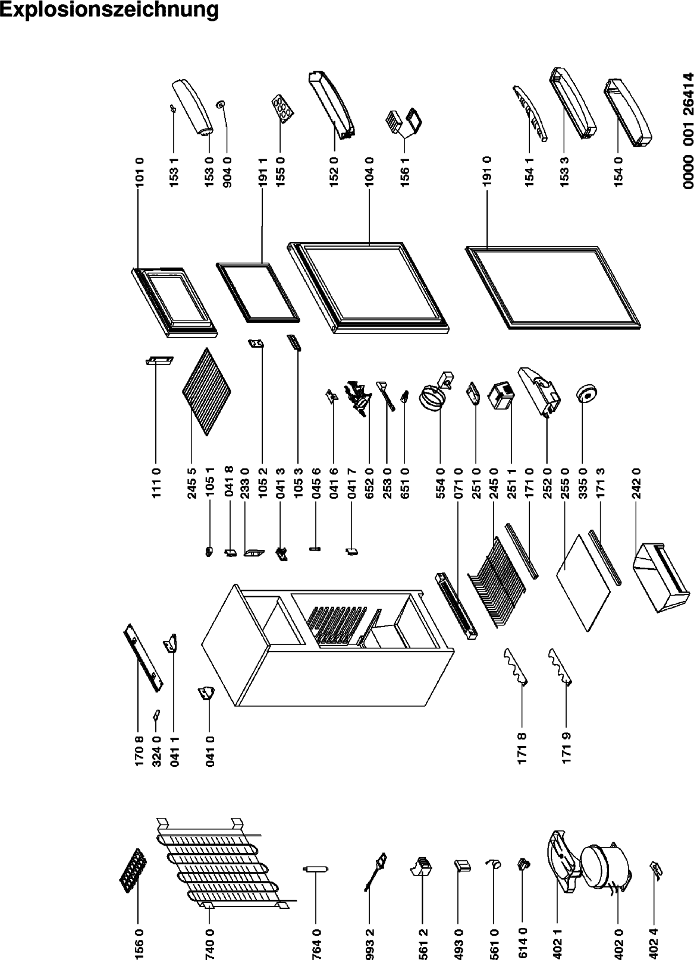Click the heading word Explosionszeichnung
pos(109,11)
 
